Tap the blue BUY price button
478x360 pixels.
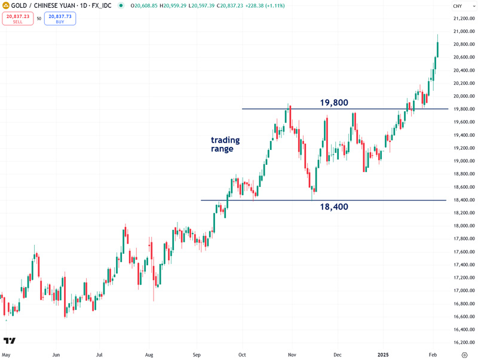[x=60, y=19]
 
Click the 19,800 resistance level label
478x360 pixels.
[x=334, y=103]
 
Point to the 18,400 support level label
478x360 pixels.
[x=333, y=207]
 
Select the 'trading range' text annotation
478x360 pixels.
[x=225, y=144]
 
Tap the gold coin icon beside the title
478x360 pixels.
[x=5, y=5]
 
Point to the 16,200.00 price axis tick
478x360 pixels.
[x=464, y=343]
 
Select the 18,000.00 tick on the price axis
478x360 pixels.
[x=464, y=226]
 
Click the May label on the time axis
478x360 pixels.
[x=6, y=354]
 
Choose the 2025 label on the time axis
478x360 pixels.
[x=384, y=354]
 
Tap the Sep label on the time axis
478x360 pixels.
[x=197, y=354]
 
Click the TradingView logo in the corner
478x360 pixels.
[x=10, y=341]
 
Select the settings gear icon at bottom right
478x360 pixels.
[x=464, y=354]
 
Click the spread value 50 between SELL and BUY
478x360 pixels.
[x=39, y=19]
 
